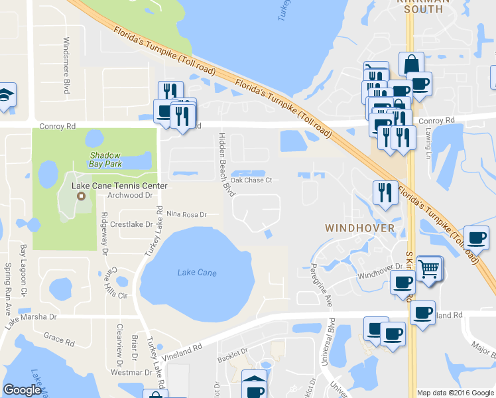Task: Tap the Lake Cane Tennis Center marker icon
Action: point(81,196)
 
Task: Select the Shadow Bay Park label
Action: point(105,157)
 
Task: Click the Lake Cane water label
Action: point(197,273)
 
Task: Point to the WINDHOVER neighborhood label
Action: point(360,228)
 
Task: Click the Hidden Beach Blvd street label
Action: point(225,164)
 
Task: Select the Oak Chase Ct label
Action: point(251,180)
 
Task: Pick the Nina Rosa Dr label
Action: point(187,214)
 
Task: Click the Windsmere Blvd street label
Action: point(66,64)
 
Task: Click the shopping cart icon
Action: point(430,269)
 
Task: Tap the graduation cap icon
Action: point(5,95)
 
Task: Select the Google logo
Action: point(22,391)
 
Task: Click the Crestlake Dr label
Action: point(131,224)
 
